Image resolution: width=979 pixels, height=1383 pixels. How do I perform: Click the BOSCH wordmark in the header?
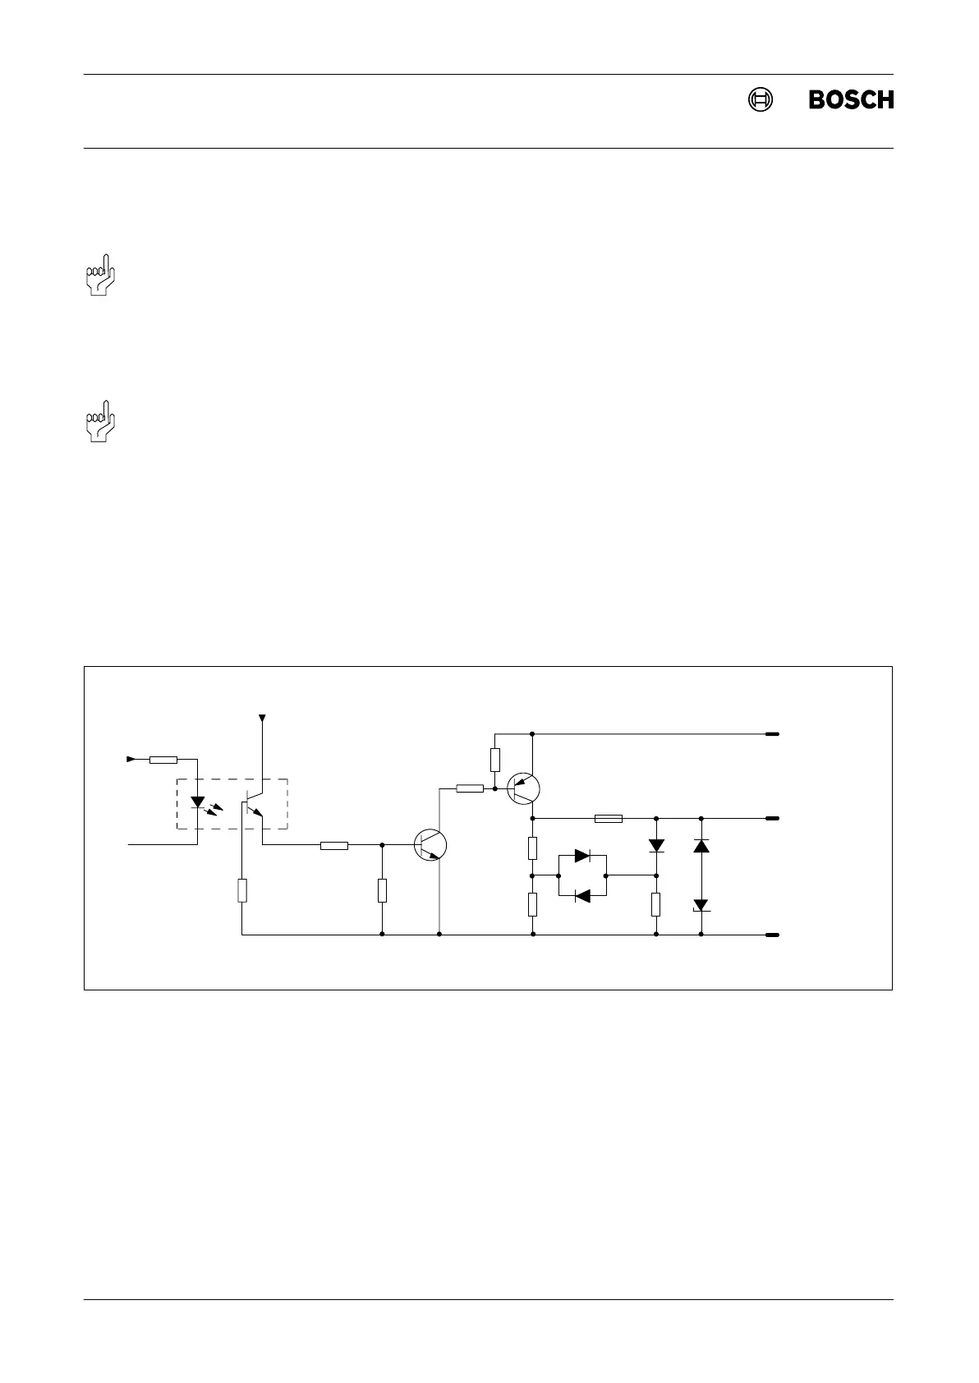(x=851, y=99)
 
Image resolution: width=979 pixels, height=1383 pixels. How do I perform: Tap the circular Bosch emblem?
(x=761, y=99)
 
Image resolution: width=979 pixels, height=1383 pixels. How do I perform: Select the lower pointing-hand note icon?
(x=101, y=421)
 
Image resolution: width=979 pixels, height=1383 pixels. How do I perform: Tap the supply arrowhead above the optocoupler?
(x=262, y=719)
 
